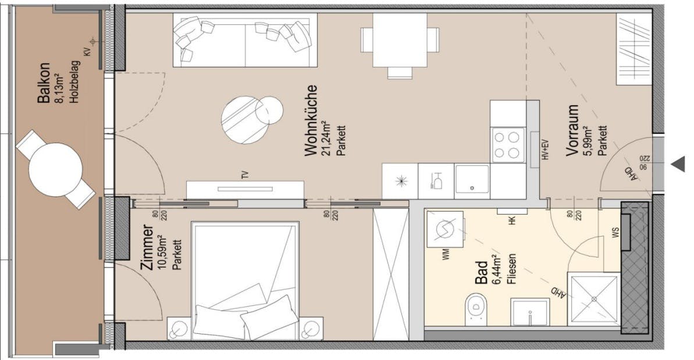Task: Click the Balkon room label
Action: tap(44, 83)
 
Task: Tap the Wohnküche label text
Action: tap(312, 121)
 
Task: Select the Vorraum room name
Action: tap(572, 130)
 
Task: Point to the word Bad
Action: tap(482, 273)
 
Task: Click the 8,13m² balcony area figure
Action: tap(59, 83)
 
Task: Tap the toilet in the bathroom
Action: tap(476, 308)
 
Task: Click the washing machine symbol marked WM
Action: tap(446, 229)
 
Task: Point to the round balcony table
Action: tap(56, 169)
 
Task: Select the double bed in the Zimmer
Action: tap(245, 279)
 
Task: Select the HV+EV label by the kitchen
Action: tap(544, 151)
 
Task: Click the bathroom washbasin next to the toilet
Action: tap(530, 312)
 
